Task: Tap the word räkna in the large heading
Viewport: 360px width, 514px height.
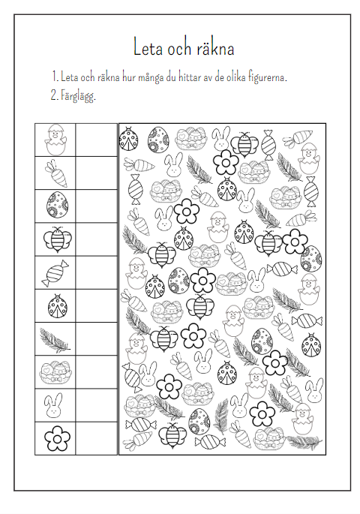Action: (x=216, y=49)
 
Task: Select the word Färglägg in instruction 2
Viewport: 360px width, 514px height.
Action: (x=78, y=96)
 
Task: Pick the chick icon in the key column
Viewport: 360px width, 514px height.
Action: (x=55, y=140)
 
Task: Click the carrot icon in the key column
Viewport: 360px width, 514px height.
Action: (x=55, y=173)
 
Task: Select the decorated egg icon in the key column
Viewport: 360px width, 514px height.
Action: (x=58, y=205)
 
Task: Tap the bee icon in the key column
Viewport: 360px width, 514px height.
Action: (x=57, y=239)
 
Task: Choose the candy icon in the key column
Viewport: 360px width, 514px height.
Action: (x=55, y=273)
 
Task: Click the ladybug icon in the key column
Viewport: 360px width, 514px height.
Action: (x=58, y=306)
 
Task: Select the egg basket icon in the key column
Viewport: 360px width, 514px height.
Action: (x=55, y=372)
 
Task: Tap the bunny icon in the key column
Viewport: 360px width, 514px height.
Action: (x=53, y=406)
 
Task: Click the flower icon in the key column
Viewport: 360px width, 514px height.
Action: (x=57, y=438)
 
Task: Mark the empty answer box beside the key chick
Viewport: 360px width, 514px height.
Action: (x=96, y=140)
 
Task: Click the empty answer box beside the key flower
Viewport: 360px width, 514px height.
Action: (x=96, y=438)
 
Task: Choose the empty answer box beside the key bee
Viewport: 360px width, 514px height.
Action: (x=96, y=239)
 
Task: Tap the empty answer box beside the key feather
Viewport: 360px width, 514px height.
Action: (x=96, y=339)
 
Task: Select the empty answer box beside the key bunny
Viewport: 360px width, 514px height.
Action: (x=96, y=405)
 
